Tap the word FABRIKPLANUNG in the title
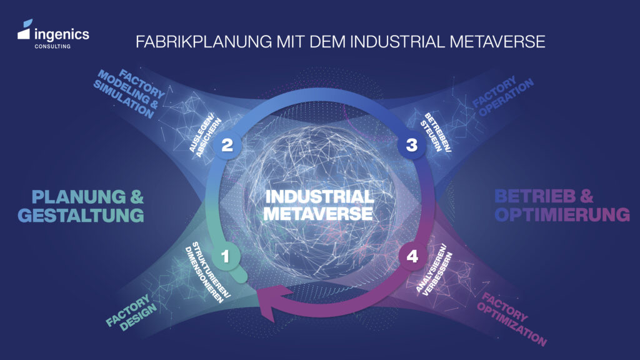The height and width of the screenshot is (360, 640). (187, 42)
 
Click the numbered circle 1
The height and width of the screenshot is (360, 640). (226, 255)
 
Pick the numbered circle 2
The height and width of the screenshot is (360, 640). (227, 145)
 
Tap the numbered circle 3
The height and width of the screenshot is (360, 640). (411, 145)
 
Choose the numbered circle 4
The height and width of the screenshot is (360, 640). (411, 256)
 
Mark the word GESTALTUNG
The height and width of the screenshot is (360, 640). (81, 216)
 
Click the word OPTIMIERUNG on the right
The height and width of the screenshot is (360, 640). (562, 214)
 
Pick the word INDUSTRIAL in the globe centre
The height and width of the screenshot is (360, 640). (319, 196)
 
